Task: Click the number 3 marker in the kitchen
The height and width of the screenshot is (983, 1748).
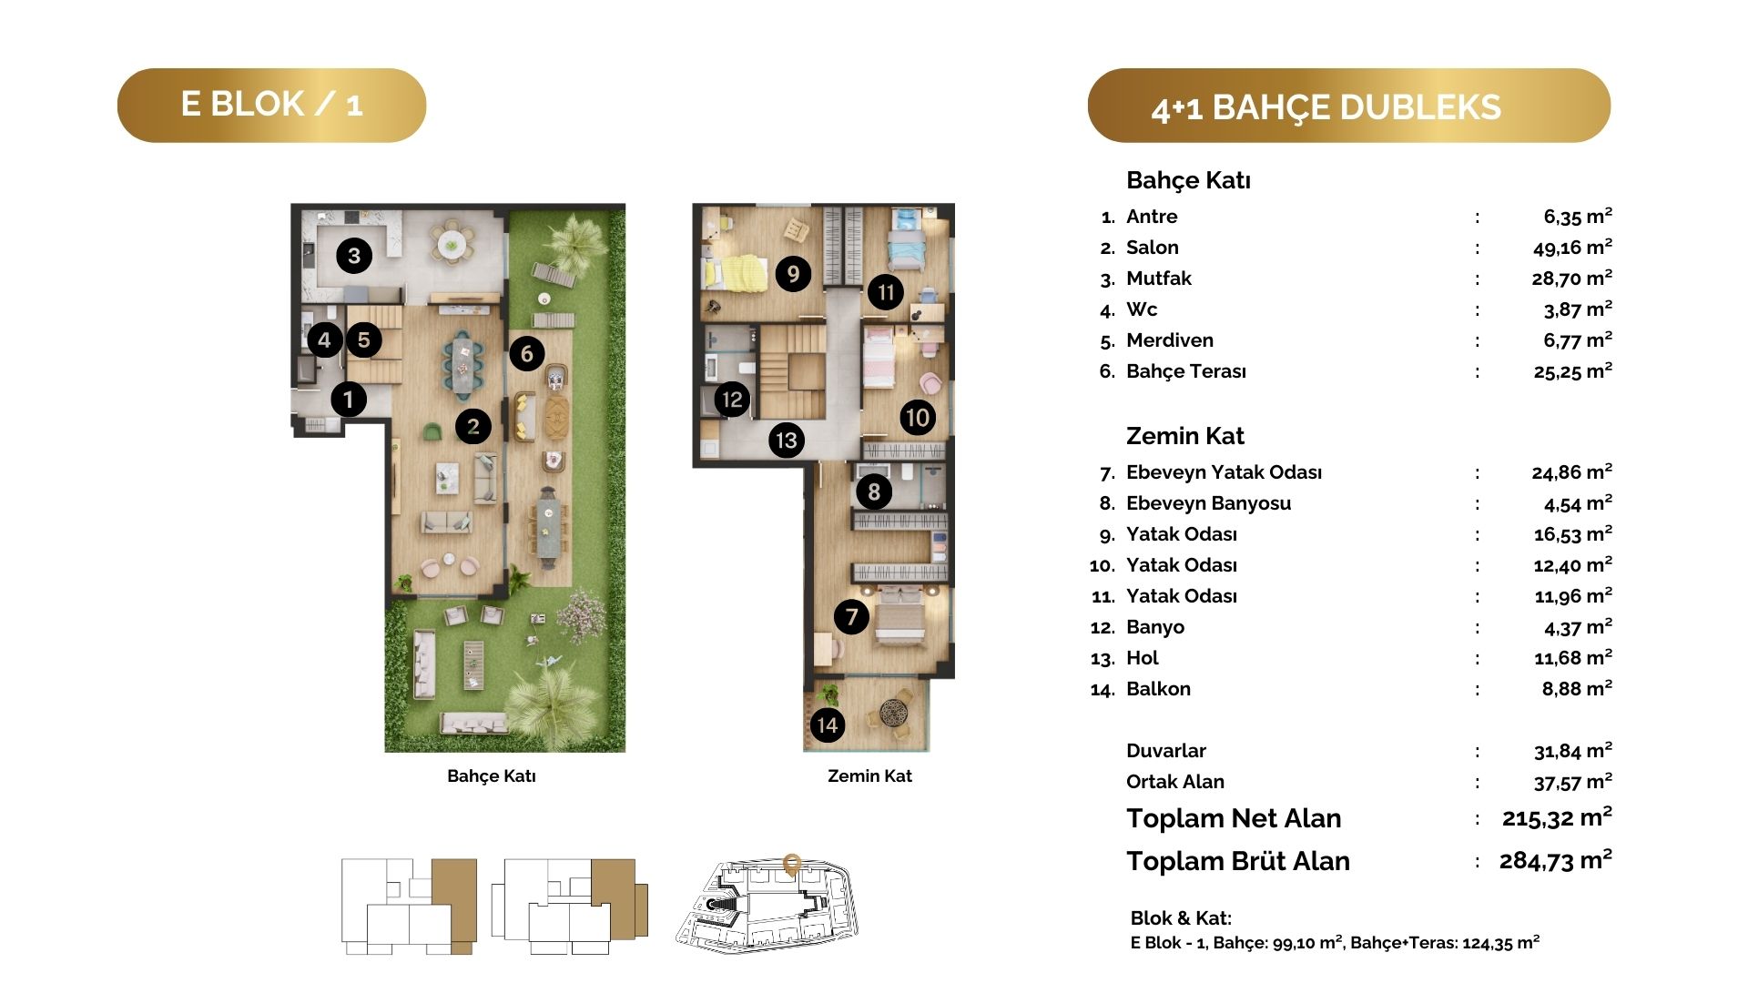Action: [354, 256]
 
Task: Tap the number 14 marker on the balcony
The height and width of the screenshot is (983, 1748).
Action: [827, 725]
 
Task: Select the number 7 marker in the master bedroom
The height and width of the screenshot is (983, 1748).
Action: [851, 617]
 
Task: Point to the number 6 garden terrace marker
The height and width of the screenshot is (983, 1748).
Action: [526, 353]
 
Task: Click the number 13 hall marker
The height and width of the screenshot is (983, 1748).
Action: [786, 441]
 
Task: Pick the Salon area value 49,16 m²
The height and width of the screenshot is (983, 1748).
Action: [1572, 247]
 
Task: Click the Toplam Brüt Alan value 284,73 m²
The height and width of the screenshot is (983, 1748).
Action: [1555, 860]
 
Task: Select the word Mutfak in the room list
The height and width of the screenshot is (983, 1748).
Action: [1158, 279]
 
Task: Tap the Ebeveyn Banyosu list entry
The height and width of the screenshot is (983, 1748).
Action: [1208, 503]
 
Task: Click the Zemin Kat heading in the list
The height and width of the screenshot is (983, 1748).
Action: [1184, 436]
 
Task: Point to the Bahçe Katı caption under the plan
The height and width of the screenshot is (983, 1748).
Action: [492, 776]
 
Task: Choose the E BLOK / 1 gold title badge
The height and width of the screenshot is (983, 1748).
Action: [271, 105]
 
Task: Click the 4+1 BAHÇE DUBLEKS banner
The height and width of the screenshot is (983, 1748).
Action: [1348, 106]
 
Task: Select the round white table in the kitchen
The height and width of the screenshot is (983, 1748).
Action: [451, 243]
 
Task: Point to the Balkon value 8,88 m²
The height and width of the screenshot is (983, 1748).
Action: [1577, 688]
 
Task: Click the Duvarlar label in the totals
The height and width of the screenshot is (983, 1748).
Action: [1165, 751]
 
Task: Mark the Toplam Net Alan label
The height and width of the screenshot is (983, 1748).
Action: [1234, 818]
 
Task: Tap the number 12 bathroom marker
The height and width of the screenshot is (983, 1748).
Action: [732, 399]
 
